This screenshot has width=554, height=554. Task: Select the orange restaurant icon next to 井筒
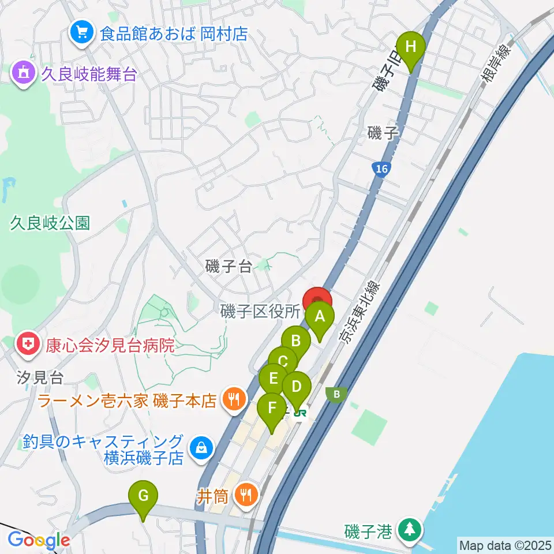pos(246,494)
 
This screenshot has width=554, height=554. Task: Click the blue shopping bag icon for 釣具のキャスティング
pos(201,448)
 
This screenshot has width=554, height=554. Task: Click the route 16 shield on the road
pos(380,169)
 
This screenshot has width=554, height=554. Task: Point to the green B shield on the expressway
pos(335,394)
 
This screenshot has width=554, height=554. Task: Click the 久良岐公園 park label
pos(50,223)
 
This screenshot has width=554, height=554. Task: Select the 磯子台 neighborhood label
pos(229,266)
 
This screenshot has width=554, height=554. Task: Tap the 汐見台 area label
pos(39,378)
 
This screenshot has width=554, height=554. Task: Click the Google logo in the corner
pos(38,540)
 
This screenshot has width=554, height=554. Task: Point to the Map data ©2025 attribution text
pos(504,544)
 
